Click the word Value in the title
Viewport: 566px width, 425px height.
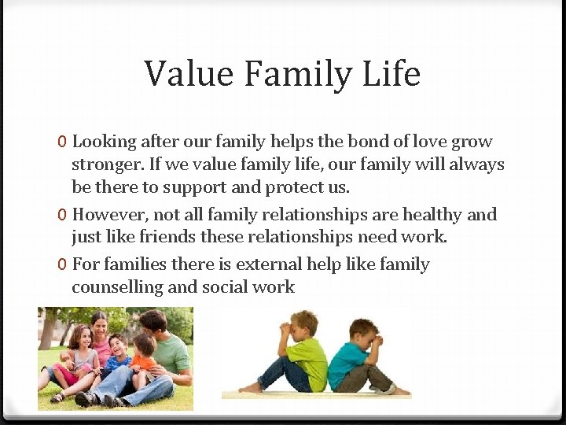189,74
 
